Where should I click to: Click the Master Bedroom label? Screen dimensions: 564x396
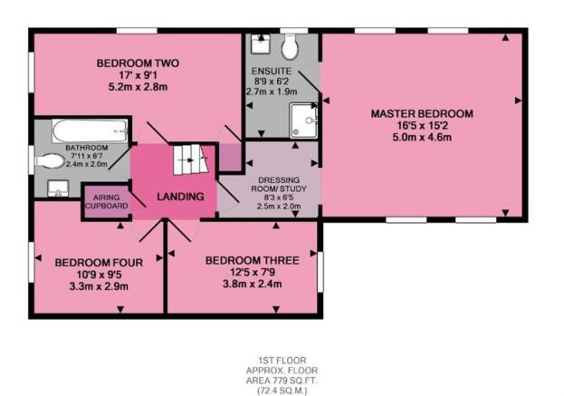click(422, 114)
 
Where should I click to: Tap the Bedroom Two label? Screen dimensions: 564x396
click(138, 63)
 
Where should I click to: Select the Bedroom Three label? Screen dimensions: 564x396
click(253, 260)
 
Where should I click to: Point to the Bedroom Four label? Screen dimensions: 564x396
click(99, 263)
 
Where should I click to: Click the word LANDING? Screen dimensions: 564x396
click(180, 197)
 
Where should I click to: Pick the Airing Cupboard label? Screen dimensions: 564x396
click(107, 201)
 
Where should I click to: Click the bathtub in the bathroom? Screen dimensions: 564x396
click(90, 130)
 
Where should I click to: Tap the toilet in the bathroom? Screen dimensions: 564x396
click(49, 161)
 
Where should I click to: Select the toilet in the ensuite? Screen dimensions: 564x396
click(290, 46)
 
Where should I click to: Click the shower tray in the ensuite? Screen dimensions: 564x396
click(303, 121)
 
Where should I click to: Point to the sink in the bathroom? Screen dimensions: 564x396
click(58, 188)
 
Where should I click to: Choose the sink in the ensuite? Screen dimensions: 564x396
click(261, 43)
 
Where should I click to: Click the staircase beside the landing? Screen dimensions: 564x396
click(190, 159)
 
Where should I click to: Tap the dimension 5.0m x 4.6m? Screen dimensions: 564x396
click(422, 137)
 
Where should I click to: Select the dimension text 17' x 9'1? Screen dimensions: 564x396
click(139, 75)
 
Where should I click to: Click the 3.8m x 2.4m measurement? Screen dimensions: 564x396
click(253, 284)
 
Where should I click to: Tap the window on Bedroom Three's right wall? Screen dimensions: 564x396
click(320, 272)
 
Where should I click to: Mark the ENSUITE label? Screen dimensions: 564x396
click(272, 71)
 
